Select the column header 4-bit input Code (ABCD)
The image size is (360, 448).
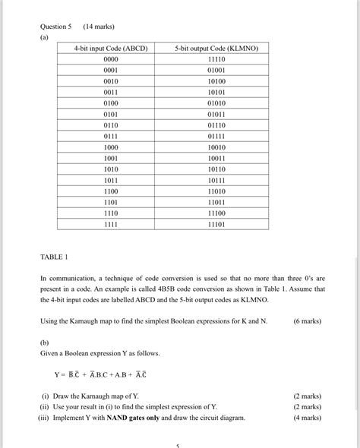[x=111, y=48]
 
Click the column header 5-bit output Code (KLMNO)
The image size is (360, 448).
[x=216, y=48]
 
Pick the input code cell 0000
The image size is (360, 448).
[x=111, y=58]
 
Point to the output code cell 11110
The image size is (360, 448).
[x=216, y=58]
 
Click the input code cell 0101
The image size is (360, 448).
[x=111, y=114]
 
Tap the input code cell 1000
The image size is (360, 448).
[x=111, y=147]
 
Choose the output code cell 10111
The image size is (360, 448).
[x=216, y=181]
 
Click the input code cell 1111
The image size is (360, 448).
[x=111, y=226]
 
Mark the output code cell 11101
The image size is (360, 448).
[x=216, y=226]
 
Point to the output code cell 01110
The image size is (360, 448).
[x=216, y=125]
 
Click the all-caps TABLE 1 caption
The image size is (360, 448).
[x=55, y=257]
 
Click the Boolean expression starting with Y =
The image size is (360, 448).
[x=100, y=374]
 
